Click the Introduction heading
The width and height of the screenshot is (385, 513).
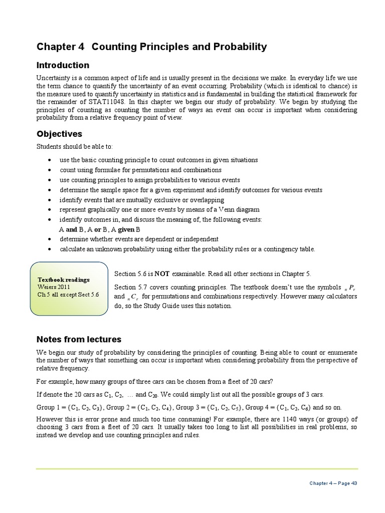[x=63, y=66]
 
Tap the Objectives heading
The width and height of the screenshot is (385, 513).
[x=59, y=134]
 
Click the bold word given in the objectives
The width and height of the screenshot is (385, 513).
[x=130, y=229]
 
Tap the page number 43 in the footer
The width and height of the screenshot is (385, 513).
[x=354, y=483]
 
